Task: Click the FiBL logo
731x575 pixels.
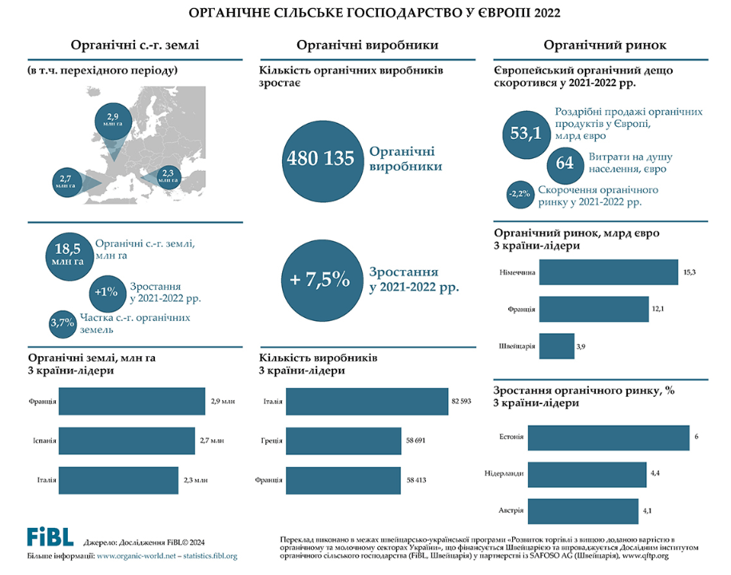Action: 50,536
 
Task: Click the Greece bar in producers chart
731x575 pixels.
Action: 342,441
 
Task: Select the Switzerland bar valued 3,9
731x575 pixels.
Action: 554,347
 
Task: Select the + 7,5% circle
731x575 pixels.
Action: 320,280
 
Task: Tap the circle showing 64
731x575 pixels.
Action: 565,163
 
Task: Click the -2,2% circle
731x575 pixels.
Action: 519,192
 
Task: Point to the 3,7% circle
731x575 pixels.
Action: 62,323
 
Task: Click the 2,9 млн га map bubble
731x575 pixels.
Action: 113,121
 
